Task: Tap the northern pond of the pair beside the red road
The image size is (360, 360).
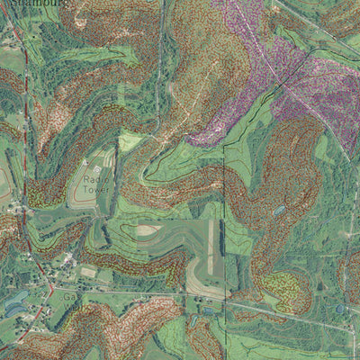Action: pyautogui.click(x=17, y=295)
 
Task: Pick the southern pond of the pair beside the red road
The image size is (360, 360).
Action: pyautogui.click(x=14, y=309)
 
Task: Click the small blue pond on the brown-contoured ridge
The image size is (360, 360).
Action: pyautogui.click(x=279, y=210)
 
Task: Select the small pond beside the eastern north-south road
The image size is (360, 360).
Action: pyautogui.click(x=339, y=309)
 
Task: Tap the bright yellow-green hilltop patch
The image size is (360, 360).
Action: pyautogui.click(x=130, y=141)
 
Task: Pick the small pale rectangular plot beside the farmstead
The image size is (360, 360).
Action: pyautogui.click(x=87, y=271)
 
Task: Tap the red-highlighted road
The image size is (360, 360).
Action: pyautogui.click(x=27, y=135)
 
